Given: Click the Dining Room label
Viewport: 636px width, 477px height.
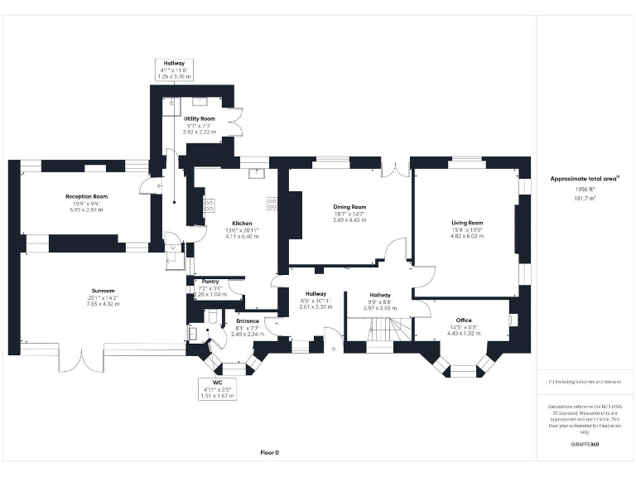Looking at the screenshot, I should pos(349,207).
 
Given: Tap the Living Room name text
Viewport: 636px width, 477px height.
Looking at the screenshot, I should pos(466,223).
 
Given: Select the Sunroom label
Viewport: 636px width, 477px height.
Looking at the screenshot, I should pos(103,291).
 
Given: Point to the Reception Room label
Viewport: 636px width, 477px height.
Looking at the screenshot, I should pos(87,197).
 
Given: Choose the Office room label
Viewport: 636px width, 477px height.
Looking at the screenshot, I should pos(463,320).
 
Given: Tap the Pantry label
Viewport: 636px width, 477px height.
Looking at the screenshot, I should pos(210,282).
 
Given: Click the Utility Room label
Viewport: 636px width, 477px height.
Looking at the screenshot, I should pos(200,119).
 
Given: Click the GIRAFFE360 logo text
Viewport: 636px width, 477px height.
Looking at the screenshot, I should pos(585,445).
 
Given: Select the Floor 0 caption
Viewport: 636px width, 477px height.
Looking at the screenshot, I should pos(270,452).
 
